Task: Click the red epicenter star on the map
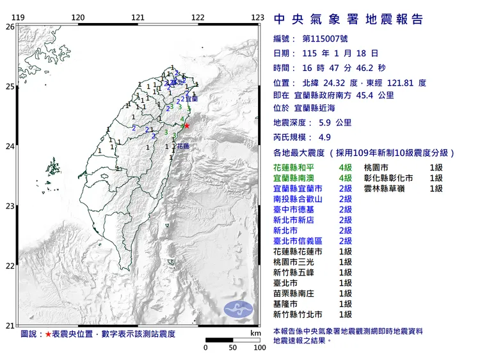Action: [x=186, y=125]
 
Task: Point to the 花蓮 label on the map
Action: [x=182, y=146]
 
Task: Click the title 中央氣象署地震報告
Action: [x=348, y=19]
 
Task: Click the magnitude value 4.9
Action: [x=326, y=137]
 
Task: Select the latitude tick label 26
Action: [x=10, y=27]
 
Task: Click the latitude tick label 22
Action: [x=10, y=266]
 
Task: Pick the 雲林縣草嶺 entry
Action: [x=388, y=189]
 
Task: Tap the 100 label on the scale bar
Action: [x=259, y=348]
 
